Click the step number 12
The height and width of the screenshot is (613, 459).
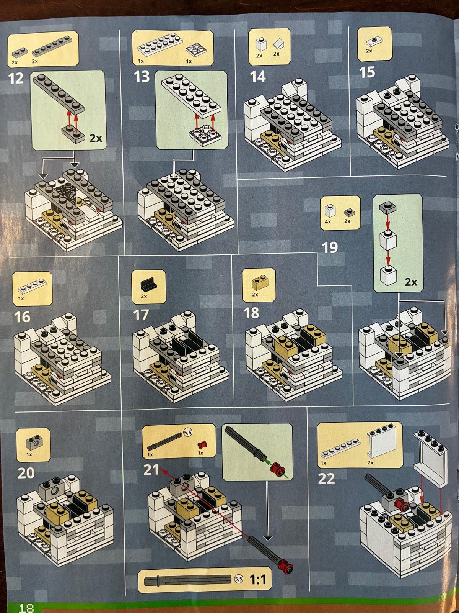pyautogui.click(x=16, y=79)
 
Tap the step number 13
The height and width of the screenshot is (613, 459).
pyautogui.click(x=142, y=77)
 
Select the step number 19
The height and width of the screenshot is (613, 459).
pyautogui.click(x=330, y=247)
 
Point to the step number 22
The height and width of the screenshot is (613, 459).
pyautogui.click(x=326, y=479)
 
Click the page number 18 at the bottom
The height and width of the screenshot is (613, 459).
pyautogui.click(x=26, y=608)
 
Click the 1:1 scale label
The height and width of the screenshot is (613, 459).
pyautogui.click(x=258, y=580)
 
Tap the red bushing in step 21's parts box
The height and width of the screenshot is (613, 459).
pyautogui.click(x=202, y=444)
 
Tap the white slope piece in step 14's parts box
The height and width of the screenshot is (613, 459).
pyautogui.click(x=279, y=44)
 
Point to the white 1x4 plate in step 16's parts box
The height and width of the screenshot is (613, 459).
pyautogui.click(x=33, y=287)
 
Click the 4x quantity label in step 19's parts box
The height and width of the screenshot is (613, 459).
pyautogui.click(x=328, y=222)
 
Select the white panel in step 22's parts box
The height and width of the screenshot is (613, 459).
pyautogui.click(x=379, y=442)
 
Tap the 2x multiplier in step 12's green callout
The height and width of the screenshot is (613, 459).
pyautogui.click(x=96, y=138)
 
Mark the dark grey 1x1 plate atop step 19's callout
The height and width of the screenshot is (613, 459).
pyautogui.click(x=387, y=208)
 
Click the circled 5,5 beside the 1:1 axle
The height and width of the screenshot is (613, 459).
pyautogui.click(x=239, y=579)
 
